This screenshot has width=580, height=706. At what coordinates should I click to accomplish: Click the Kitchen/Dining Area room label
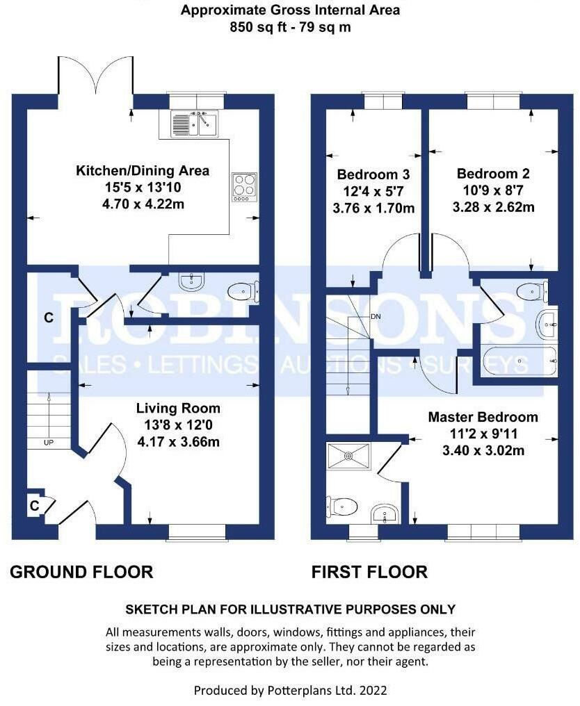tap(143, 171)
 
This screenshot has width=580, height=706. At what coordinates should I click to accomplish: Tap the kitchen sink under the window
tap(194, 124)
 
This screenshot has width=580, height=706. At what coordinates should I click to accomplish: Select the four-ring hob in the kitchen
tap(244, 187)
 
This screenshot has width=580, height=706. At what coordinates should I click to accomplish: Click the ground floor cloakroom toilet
tap(243, 292)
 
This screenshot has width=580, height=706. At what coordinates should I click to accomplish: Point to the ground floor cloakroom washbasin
tap(192, 282)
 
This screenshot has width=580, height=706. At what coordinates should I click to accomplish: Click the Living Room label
tap(179, 409)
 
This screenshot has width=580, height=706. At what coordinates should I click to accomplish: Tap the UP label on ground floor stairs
tap(49, 443)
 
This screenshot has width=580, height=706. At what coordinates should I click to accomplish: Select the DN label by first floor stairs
tap(376, 317)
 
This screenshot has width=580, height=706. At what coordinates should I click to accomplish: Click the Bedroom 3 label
tap(373, 174)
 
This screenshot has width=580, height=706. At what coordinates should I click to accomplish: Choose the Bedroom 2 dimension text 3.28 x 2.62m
tap(494, 207)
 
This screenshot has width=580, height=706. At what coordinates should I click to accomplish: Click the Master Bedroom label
tap(483, 417)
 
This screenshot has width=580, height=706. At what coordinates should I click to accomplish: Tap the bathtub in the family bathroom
tap(519, 361)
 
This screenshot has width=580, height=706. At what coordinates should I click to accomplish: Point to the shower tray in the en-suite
tap(348, 457)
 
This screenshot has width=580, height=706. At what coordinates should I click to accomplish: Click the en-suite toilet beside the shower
tap(341, 507)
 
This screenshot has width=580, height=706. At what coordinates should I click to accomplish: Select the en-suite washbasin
tap(385, 514)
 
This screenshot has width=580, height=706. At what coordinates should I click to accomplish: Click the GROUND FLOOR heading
tap(81, 572)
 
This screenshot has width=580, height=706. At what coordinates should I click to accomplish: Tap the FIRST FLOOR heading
tap(369, 572)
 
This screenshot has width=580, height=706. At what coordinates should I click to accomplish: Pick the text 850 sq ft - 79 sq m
tap(290, 27)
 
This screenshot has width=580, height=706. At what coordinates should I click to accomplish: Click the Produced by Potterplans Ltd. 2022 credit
tap(290, 690)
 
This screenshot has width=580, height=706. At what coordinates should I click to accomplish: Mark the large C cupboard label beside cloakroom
tap(49, 318)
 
